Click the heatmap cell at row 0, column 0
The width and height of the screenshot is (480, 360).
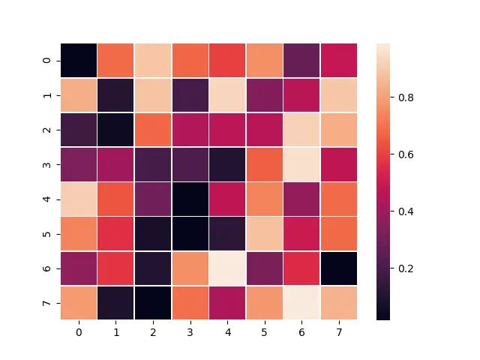(79, 61)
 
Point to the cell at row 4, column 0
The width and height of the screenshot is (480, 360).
(79, 199)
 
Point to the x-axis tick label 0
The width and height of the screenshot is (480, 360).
(79, 331)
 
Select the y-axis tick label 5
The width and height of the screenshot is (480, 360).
(49, 234)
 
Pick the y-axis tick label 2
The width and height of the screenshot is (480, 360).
(49, 130)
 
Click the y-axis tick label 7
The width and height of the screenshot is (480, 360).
(49, 303)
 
